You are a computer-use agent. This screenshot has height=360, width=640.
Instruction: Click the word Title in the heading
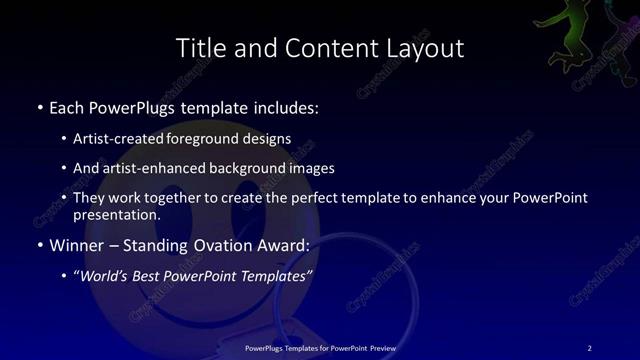click(x=198, y=48)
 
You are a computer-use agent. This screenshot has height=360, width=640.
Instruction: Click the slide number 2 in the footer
click(x=590, y=348)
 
